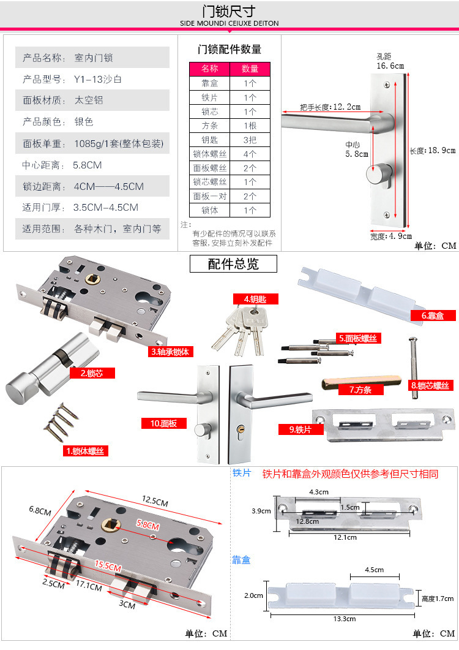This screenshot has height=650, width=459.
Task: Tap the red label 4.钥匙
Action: (255, 299)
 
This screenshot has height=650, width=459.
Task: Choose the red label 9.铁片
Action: (300, 429)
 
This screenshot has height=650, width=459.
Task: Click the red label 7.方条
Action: (360, 389)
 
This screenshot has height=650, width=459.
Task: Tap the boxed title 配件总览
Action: (233, 264)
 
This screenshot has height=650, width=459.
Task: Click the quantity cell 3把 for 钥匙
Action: (250, 140)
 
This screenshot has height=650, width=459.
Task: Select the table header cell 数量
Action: (250, 69)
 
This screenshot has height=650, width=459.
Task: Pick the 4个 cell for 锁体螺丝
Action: (250, 154)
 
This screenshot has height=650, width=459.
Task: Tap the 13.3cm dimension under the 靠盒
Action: (345, 619)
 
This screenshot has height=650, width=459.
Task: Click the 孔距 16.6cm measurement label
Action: (390, 62)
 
